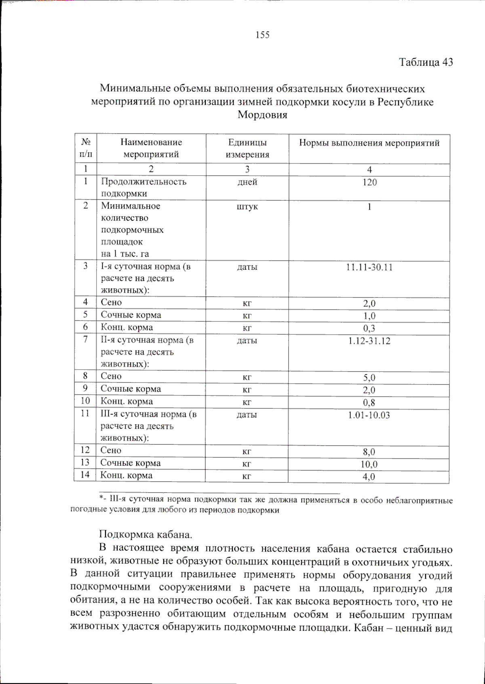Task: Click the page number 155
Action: click(262, 35)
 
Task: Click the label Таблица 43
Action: click(426, 62)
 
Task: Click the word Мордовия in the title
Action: click(262, 115)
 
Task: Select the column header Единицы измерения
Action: click(247, 148)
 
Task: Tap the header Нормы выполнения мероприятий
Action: click(369, 143)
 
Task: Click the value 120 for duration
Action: click(369, 183)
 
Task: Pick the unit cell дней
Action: click(247, 183)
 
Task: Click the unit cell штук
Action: click(247, 207)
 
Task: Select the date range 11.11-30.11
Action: click(369, 268)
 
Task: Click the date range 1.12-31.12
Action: click(369, 341)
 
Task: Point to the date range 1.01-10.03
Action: click(369, 415)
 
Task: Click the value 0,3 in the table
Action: click(369, 328)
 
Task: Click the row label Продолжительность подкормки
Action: click(143, 187)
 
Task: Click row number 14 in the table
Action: click(85, 474)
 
